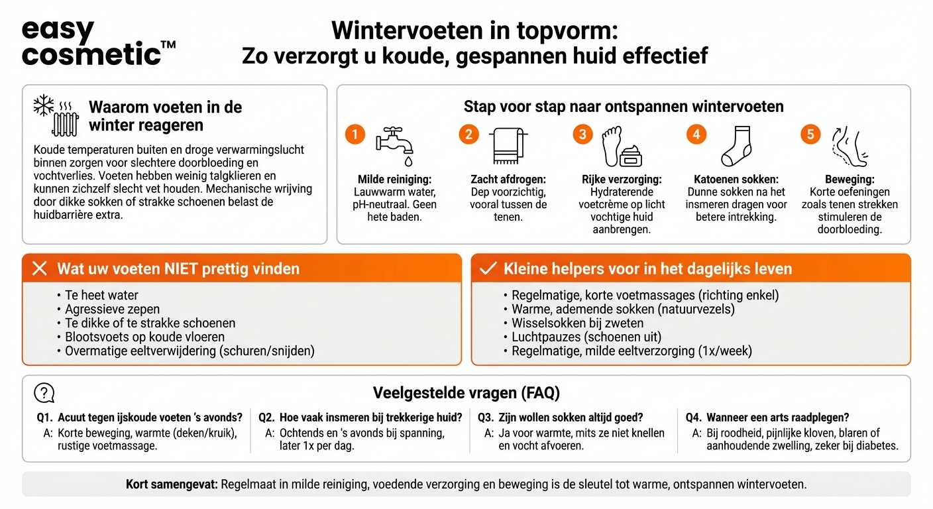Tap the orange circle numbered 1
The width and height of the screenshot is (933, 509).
tap(355, 135)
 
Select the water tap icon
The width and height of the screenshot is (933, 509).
tap(395, 145)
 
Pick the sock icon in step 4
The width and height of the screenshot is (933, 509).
tap(736, 146)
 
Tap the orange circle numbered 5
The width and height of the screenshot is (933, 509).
tap(810, 135)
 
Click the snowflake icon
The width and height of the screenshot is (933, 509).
tap(44, 105)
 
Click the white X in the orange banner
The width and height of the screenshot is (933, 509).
tap(40, 268)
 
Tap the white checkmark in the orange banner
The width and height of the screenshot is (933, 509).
tap(488, 268)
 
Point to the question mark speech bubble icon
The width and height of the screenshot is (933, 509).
tap(44, 393)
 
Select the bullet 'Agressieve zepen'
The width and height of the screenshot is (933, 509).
tap(112, 309)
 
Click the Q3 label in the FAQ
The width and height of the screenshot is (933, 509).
tap(486, 418)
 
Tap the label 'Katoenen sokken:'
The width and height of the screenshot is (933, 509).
tap(736, 179)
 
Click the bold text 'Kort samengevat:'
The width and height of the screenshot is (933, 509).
tap(172, 484)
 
